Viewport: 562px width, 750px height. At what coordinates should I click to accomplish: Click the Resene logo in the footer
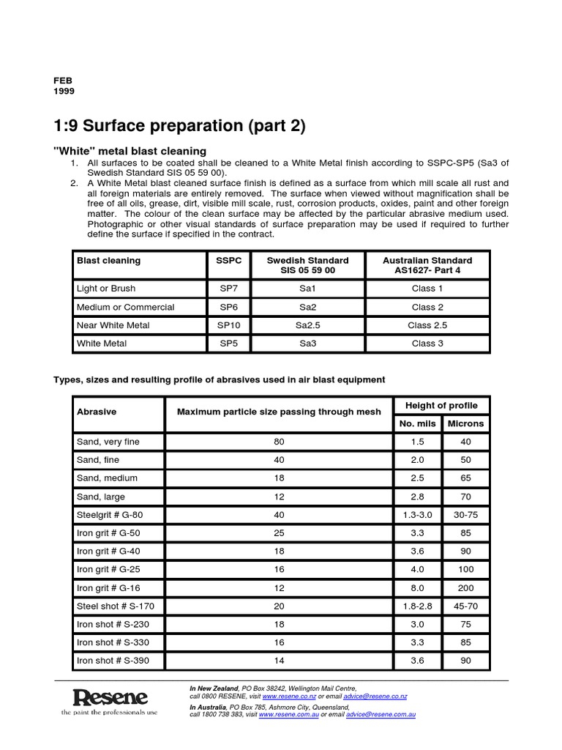(x=110, y=699)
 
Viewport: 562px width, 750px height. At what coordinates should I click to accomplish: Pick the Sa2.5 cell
(x=307, y=324)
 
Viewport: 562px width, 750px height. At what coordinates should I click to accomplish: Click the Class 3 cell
(x=427, y=343)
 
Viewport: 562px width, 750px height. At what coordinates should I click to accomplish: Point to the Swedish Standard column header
(x=307, y=265)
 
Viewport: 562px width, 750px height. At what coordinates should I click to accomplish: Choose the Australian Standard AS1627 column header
(x=427, y=265)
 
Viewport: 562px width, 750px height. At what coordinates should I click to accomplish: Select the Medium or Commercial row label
(x=125, y=307)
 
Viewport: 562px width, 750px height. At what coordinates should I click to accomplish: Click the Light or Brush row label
(x=106, y=289)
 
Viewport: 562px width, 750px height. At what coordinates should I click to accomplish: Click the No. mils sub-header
(x=417, y=423)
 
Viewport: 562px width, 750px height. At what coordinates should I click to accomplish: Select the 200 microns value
(x=465, y=587)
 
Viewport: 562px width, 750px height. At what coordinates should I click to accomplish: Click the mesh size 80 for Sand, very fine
(x=278, y=442)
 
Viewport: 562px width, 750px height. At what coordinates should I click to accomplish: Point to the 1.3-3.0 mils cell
(x=417, y=514)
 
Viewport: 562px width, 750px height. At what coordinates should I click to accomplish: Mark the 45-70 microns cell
(x=465, y=606)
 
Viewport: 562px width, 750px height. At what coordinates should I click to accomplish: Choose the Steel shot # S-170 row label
(x=115, y=606)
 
